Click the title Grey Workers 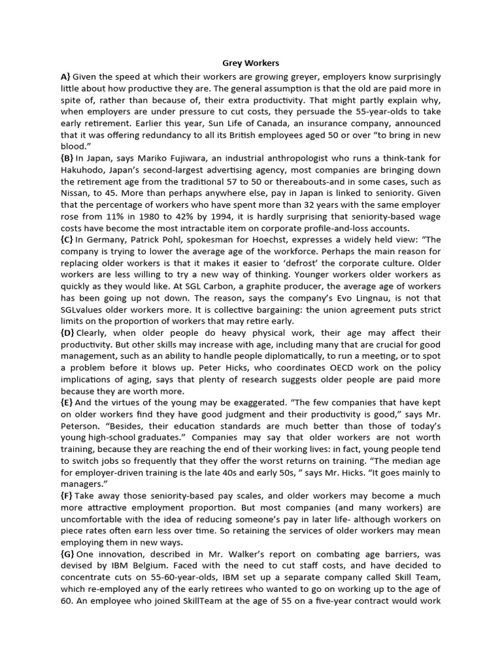(x=251, y=63)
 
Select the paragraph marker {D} (x=67, y=333)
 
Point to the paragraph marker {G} (x=67, y=554)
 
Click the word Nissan (x=77, y=193)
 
